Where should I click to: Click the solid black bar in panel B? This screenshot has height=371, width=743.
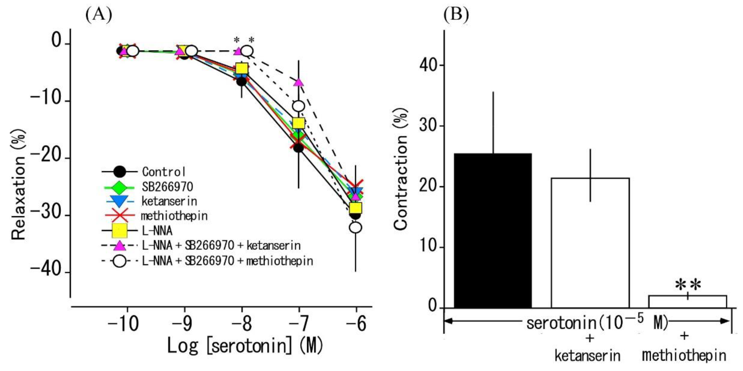point(493,231)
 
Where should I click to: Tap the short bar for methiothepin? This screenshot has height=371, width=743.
point(687,302)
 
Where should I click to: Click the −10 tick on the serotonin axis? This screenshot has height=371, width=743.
point(123,324)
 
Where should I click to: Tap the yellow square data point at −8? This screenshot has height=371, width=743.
point(242,69)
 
